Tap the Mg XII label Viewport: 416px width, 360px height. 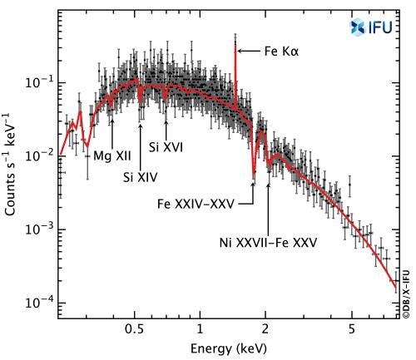(x=111, y=155)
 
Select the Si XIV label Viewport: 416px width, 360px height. (x=140, y=176)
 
